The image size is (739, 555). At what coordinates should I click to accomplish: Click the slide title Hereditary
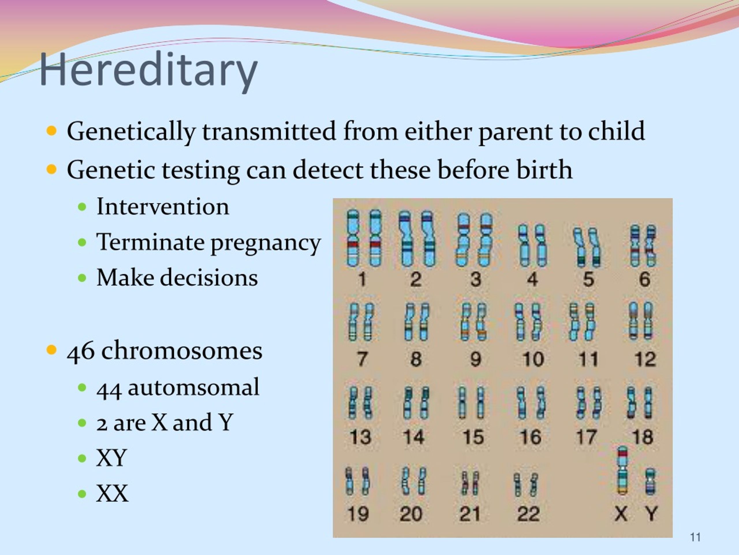pyautogui.click(x=148, y=71)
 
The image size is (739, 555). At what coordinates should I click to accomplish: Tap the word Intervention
pyautogui.click(x=163, y=207)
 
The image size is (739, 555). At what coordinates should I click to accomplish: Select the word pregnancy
pyautogui.click(x=266, y=243)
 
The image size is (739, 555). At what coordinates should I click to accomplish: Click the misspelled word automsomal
pyautogui.click(x=193, y=387)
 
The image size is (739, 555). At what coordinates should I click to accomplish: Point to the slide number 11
pyautogui.click(x=695, y=537)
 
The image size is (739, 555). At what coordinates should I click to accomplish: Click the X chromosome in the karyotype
pyautogui.click(x=622, y=470)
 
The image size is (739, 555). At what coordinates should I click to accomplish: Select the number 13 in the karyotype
pyautogui.click(x=360, y=437)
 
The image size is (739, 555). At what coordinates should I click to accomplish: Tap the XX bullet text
pyautogui.click(x=112, y=493)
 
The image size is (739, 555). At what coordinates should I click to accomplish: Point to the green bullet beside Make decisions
pyautogui.click(x=82, y=278)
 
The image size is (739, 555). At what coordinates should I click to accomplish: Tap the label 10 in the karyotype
pyautogui.click(x=533, y=359)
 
